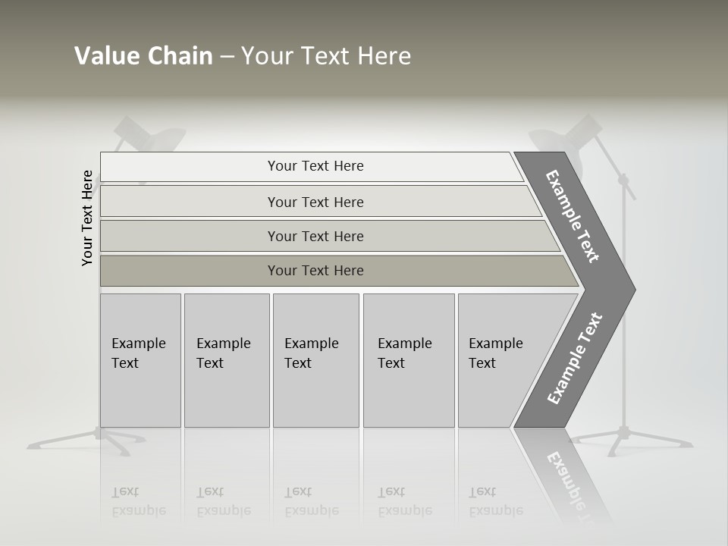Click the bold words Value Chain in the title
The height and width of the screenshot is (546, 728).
point(143,56)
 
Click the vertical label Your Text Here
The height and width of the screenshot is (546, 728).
point(88,218)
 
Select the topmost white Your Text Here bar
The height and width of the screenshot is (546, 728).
point(315,166)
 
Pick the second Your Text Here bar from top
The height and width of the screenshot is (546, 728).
point(315,202)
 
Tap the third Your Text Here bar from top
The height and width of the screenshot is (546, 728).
point(315,236)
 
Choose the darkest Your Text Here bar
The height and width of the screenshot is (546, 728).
point(315,271)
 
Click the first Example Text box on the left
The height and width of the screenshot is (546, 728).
point(140,360)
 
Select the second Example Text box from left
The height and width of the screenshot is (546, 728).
point(226,360)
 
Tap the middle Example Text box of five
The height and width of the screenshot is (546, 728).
point(315,360)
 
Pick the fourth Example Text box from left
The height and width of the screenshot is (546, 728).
point(408,360)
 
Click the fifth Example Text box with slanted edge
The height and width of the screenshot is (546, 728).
point(500,360)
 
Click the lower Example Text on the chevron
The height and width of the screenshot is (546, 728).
point(575,358)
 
